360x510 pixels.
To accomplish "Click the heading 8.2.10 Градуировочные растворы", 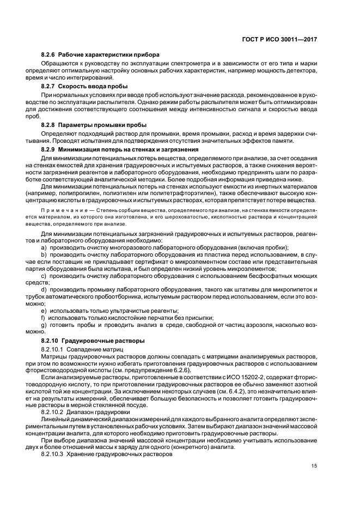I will pyautogui.click(x=93, y=341).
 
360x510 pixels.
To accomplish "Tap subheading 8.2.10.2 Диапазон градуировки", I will pyautogui.click(x=88, y=412).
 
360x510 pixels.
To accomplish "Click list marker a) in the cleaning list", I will pyautogui.click(x=44, y=247).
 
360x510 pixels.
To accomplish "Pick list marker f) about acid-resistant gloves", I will pyautogui.click(x=43, y=317).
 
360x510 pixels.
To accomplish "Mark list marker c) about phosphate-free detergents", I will pyautogui.click(x=44, y=276).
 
